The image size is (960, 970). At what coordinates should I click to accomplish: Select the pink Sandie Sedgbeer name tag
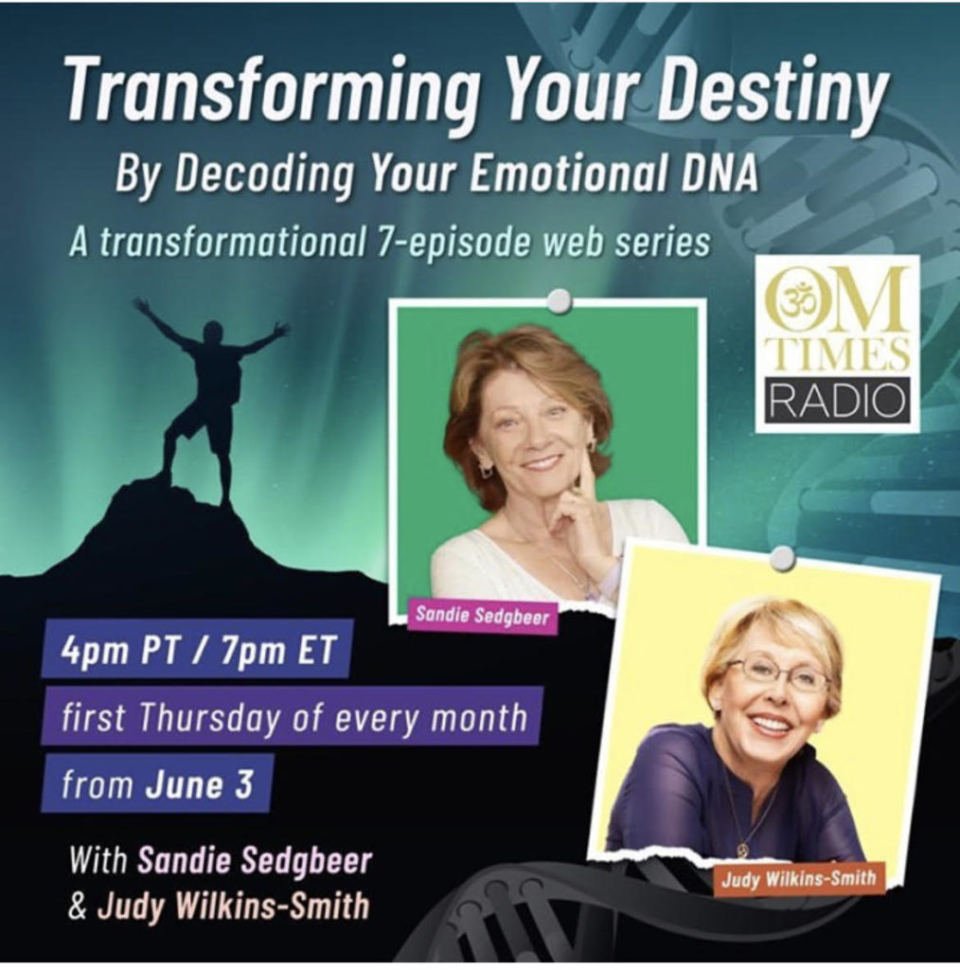[482, 615]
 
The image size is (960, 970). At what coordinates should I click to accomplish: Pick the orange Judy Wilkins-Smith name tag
[798, 878]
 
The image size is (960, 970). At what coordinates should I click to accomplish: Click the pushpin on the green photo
[560, 300]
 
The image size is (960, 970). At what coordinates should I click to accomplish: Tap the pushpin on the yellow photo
[784, 557]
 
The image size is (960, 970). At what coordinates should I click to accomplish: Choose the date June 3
[199, 784]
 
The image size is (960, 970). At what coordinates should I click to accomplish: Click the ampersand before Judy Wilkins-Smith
[78, 907]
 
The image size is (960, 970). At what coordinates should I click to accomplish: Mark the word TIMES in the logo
[836, 355]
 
